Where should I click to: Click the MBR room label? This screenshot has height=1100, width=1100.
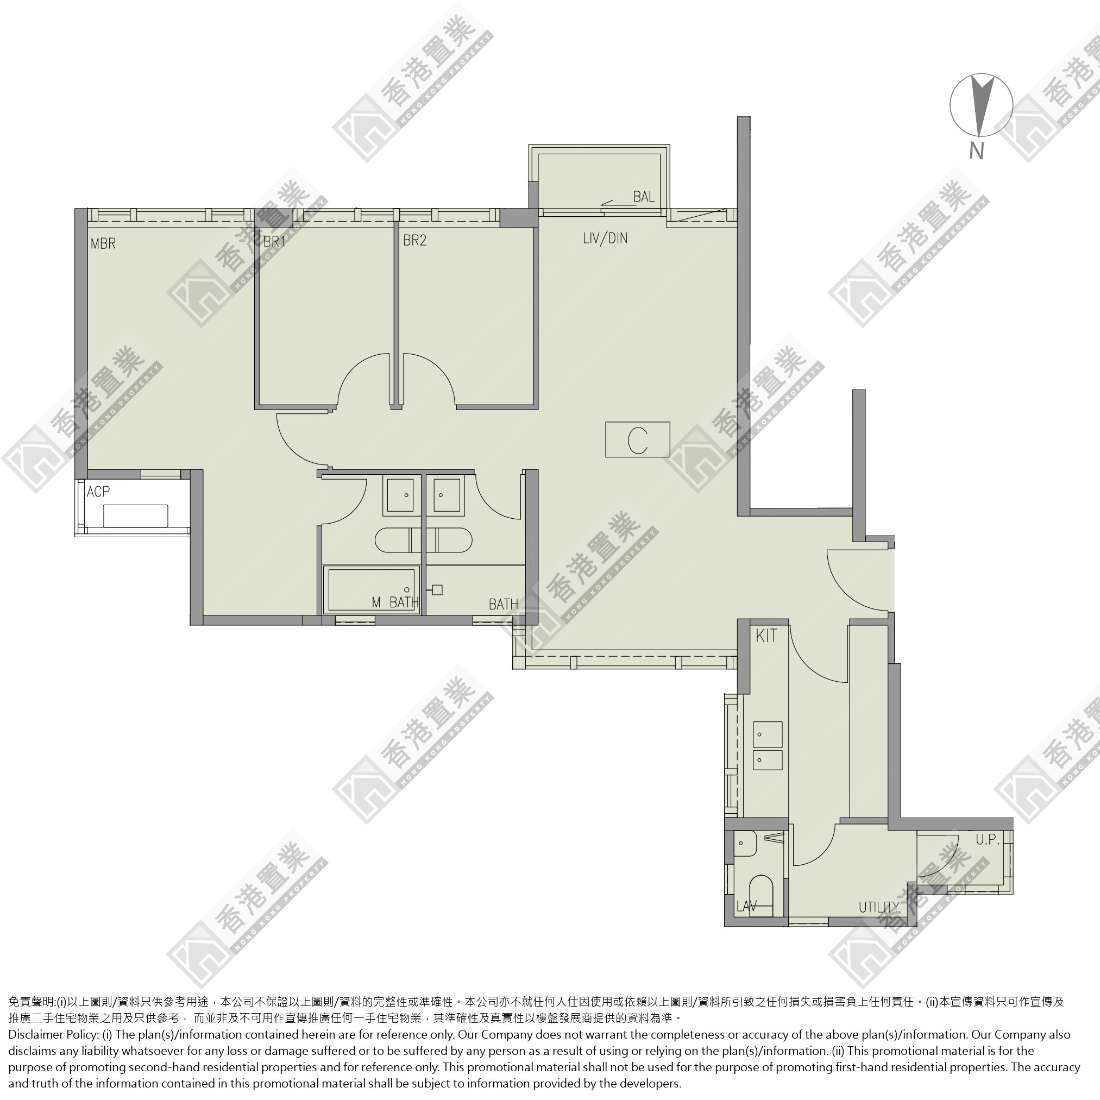click(x=103, y=244)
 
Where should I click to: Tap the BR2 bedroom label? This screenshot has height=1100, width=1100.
click(x=414, y=240)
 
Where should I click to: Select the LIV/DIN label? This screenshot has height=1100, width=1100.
click(x=605, y=238)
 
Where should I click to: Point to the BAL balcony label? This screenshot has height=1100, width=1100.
click(x=644, y=197)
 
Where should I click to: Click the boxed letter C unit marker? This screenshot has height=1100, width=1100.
click(x=638, y=439)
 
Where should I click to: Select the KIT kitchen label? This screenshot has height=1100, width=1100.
click(x=766, y=636)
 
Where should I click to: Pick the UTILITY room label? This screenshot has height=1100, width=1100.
click(x=879, y=907)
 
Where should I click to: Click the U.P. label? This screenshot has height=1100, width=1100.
click(x=988, y=839)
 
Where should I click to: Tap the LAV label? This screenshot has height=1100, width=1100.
click(x=746, y=906)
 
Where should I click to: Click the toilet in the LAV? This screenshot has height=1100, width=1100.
click(x=760, y=897)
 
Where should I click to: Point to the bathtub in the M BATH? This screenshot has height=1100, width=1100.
click(x=371, y=589)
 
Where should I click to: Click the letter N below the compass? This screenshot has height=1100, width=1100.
click(x=977, y=150)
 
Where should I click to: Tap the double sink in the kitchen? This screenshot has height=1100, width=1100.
click(x=768, y=746)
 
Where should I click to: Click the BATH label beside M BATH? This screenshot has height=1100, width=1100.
click(x=504, y=604)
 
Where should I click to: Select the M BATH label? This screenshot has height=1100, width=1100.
click(x=395, y=602)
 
